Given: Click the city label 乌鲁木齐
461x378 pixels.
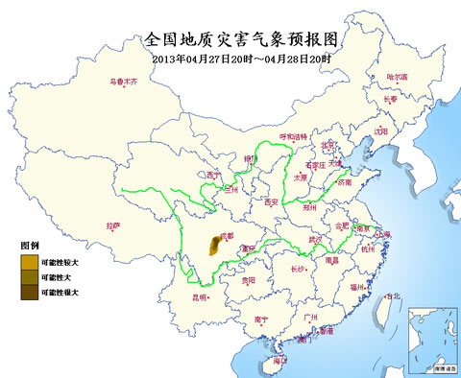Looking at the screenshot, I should pos(123,83).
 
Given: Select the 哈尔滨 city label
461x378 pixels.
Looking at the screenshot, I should pos(397,77).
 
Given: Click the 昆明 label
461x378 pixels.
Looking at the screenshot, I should pos(200,297).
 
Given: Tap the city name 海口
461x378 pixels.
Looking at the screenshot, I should pos(279,360).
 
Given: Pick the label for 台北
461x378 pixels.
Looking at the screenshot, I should pos(393,297).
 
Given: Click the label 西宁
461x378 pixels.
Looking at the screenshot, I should pos(213,176).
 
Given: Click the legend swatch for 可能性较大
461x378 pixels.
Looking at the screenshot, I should pos(30,260).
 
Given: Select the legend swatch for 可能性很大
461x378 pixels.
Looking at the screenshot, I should pos(30,292).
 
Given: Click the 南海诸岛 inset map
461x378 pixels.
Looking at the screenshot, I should pos(431,338).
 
